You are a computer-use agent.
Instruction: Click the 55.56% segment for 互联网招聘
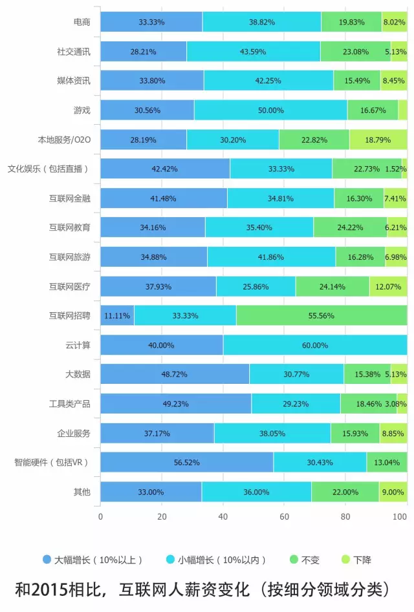click(x=321, y=315)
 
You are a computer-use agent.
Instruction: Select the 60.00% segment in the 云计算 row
click(x=315, y=345)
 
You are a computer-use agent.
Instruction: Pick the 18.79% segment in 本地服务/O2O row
click(x=378, y=139)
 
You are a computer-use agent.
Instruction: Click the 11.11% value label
click(x=117, y=315)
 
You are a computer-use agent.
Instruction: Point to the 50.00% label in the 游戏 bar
click(x=271, y=110)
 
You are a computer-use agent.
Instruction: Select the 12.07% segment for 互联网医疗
click(x=388, y=286)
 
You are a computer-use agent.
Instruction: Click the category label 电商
click(x=82, y=22)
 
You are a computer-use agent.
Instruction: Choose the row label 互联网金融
click(x=69, y=198)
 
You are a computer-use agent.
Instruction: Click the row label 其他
click(x=82, y=492)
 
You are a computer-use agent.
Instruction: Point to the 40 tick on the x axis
click(x=223, y=516)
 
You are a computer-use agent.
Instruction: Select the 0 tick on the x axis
click(x=100, y=516)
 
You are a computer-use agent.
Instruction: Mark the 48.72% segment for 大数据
click(x=175, y=374)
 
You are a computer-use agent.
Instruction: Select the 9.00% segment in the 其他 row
click(x=393, y=492)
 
